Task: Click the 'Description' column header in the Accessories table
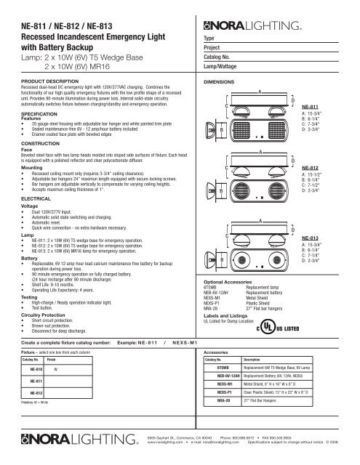256,359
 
